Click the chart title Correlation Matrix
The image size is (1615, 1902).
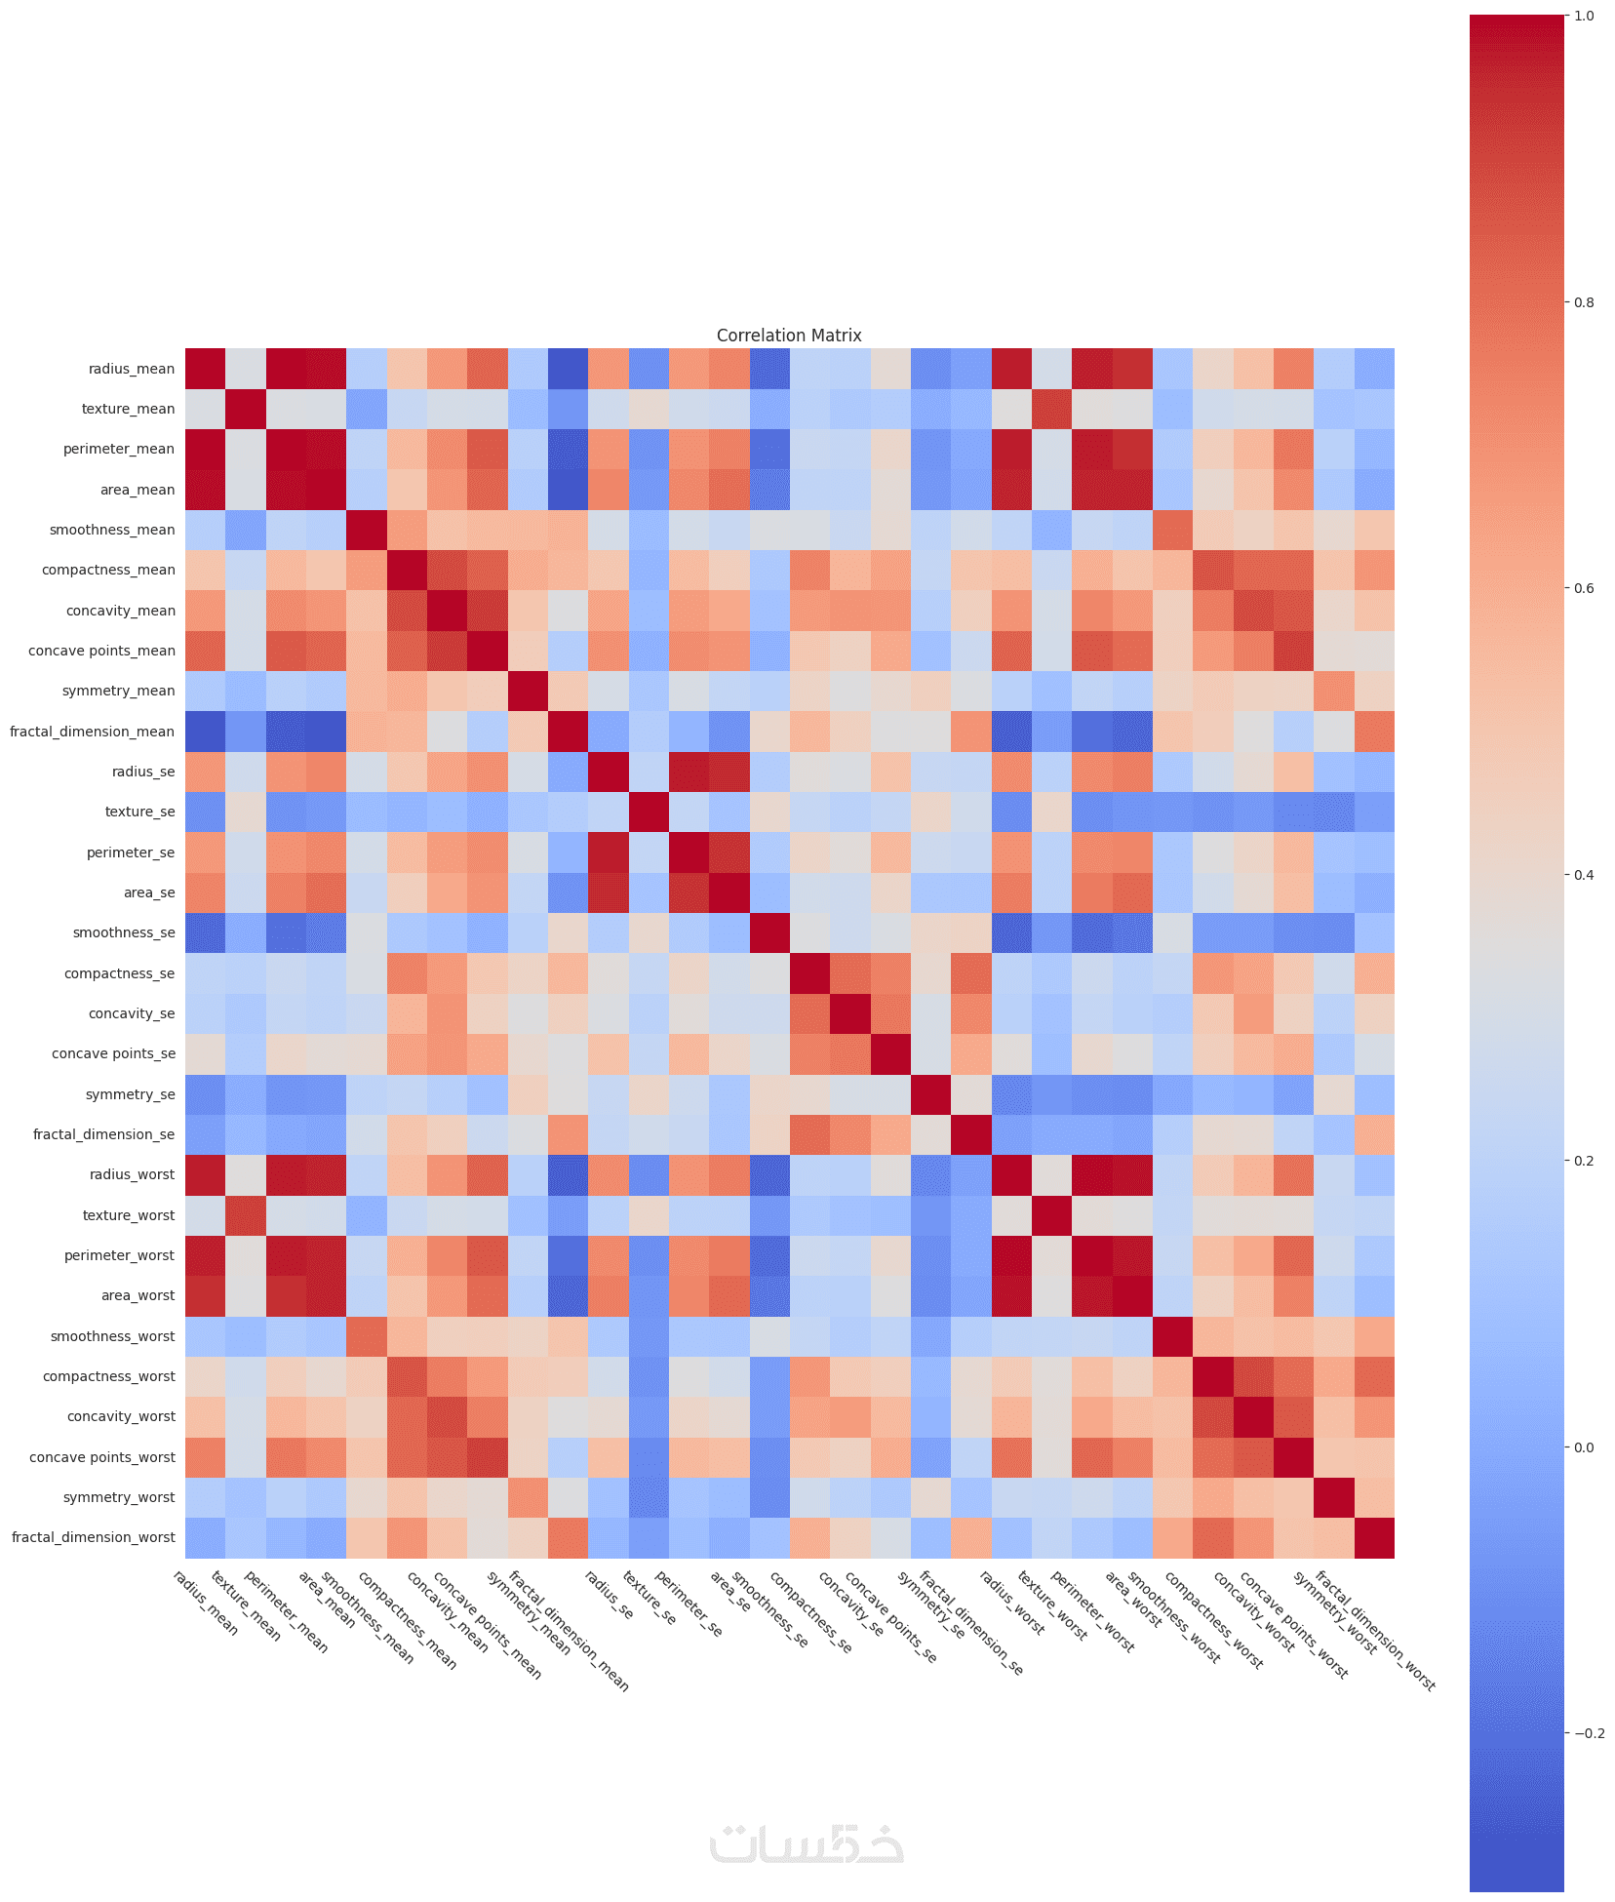(789, 336)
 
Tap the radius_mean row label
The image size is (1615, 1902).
(131, 369)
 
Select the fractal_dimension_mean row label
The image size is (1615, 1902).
(92, 732)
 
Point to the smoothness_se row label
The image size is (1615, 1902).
(124, 932)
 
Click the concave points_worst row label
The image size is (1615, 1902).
(102, 1457)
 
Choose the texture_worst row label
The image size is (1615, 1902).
(129, 1215)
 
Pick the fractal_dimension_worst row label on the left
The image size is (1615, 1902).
(94, 1537)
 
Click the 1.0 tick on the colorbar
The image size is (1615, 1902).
(1584, 16)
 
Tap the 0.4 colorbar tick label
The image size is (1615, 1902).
(1584, 875)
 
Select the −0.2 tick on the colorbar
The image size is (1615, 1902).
(1588, 1733)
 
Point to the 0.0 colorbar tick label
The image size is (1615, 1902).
(1584, 1447)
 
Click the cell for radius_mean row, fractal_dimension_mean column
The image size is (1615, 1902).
(568, 369)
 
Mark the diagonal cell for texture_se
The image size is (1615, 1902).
(649, 812)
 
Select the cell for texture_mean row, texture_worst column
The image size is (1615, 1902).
(1051, 409)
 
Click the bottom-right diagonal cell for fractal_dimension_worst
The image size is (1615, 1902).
(1374, 1537)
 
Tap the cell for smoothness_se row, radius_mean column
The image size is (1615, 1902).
(205, 932)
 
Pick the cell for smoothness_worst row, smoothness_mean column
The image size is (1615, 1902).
(367, 1336)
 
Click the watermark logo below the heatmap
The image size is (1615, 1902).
(807, 1843)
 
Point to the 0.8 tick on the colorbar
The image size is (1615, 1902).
(1584, 302)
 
